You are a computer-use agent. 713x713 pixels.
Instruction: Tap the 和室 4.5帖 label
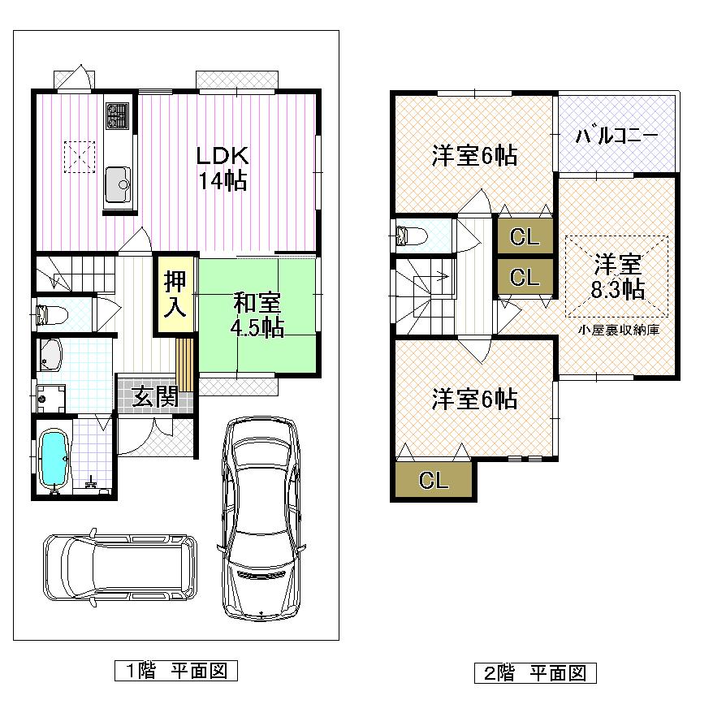click(x=258, y=315)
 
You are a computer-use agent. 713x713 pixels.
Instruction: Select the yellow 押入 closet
click(x=176, y=293)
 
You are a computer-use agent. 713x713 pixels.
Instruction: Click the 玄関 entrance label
click(x=156, y=397)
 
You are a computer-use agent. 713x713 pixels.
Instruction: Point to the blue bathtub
click(x=54, y=457)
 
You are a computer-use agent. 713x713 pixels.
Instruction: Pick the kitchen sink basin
click(x=117, y=180)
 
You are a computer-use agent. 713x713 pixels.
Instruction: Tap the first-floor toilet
click(x=48, y=315)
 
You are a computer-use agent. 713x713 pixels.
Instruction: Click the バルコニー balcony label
click(x=616, y=136)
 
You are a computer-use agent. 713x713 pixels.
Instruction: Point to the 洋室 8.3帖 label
click(x=618, y=277)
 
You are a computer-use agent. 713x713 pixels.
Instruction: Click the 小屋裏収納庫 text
click(x=618, y=331)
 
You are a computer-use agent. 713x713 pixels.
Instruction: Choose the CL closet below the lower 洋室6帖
click(x=434, y=480)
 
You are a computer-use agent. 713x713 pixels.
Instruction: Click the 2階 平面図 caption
click(x=535, y=672)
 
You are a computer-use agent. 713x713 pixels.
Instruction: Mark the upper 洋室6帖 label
click(x=474, y=156)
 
